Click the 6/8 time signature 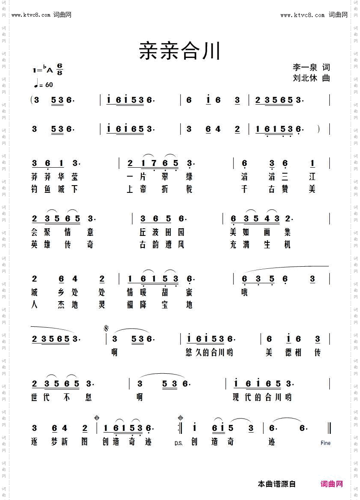point(59,69)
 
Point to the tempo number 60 point(49,84)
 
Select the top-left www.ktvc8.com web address point(31,15)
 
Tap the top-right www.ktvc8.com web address point(302,15)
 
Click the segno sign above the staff point(105,328)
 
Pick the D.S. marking point(179,443)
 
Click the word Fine point(325,443)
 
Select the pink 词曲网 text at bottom point(332,484)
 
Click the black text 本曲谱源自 point(277,484)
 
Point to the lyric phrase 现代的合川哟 point(262,397)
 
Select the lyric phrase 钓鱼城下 point(55,189)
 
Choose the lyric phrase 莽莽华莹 point(55,177)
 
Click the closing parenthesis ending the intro point(319,128)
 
